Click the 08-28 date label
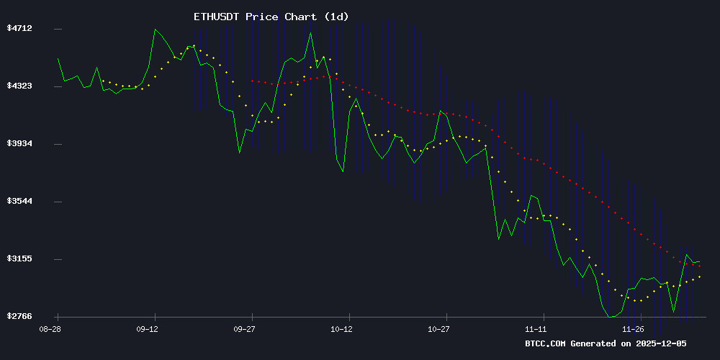click(x=50, y=329)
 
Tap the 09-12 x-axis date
click(x=148, y=329)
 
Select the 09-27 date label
click(x=245, y=329)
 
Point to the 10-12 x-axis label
click(x=342, y=329)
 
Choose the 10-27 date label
click(x=440, y=329)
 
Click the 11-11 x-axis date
click(x=537, y=329)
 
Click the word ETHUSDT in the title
click(x=217, y=17)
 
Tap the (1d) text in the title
click(x=336, y=17)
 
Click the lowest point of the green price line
click(x=610, y=317)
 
